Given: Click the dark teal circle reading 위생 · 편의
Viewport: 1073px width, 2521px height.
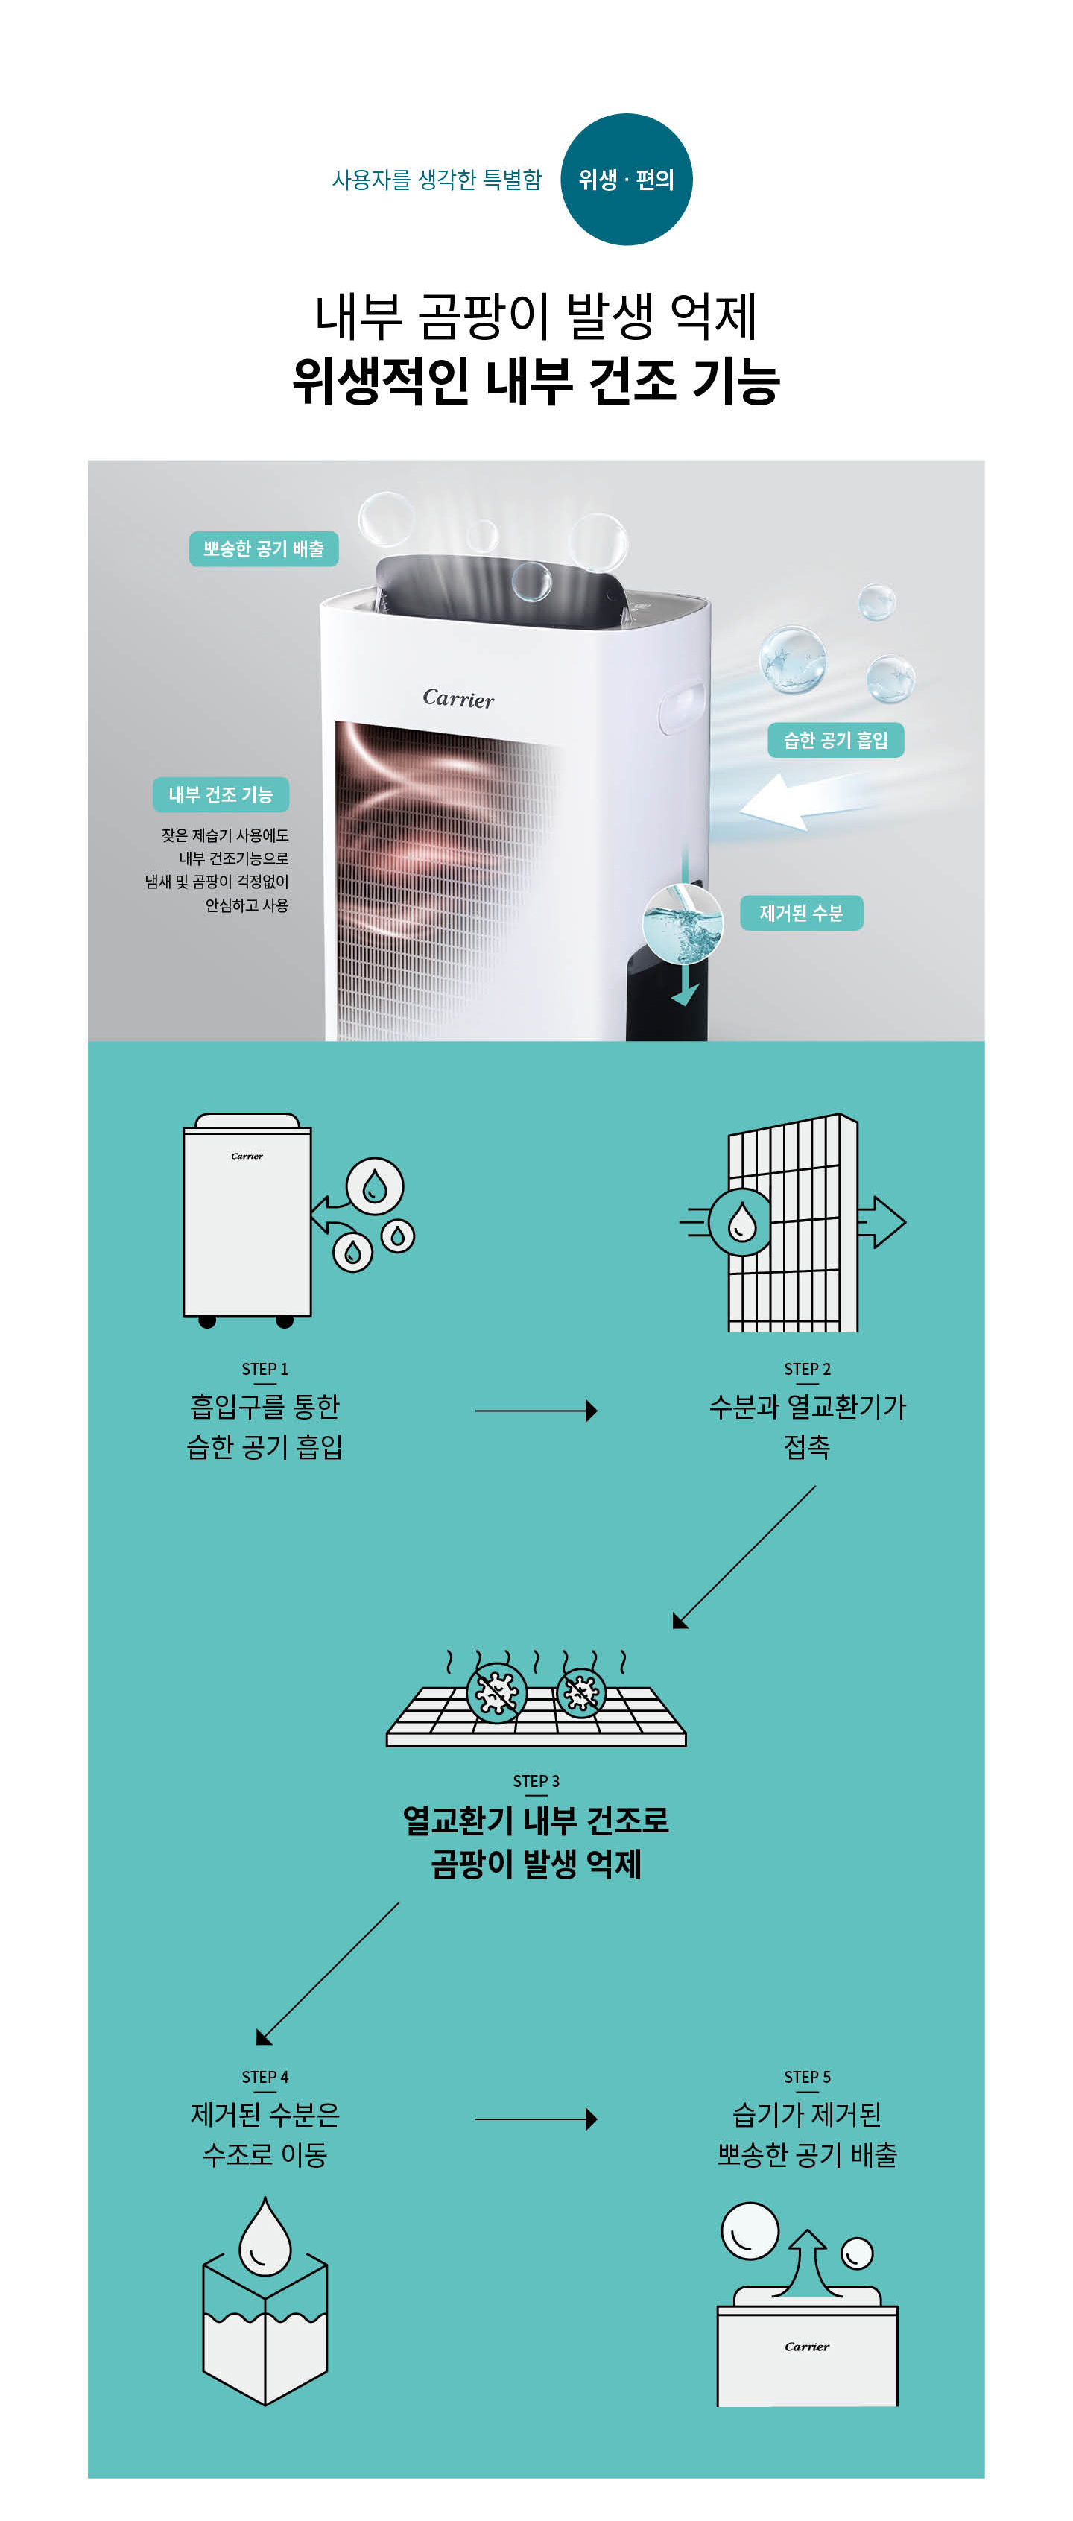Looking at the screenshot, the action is click(x=626, y=179).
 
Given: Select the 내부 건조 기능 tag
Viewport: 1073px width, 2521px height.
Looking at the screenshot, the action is click(x=221, y=794).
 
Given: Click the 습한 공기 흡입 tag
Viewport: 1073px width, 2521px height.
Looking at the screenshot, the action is click(x=835, y=740).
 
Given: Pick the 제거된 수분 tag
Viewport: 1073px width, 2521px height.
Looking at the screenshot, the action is click(x=801, y=913).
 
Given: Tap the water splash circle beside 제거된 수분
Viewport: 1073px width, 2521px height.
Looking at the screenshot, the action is click(x=683, y=923).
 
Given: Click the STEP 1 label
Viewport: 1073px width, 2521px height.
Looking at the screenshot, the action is click(x=265, y=1369).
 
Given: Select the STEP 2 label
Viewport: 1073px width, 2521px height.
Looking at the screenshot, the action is click(x=807, y=1369).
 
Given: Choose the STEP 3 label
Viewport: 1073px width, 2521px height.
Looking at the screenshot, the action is click(x=536, y=1781).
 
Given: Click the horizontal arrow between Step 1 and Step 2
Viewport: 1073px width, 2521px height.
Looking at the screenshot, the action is click(x=536, y=1410).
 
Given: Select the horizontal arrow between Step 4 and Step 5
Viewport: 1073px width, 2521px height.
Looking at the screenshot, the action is click(x=536, y=2119).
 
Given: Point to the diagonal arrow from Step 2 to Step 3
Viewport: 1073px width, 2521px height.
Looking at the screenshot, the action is click(x=744, y=1557).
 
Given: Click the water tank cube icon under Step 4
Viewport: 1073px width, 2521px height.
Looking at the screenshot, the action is click(x=265, y=2319).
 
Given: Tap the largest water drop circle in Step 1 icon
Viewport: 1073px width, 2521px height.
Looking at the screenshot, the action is click(x=375, y=1187).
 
